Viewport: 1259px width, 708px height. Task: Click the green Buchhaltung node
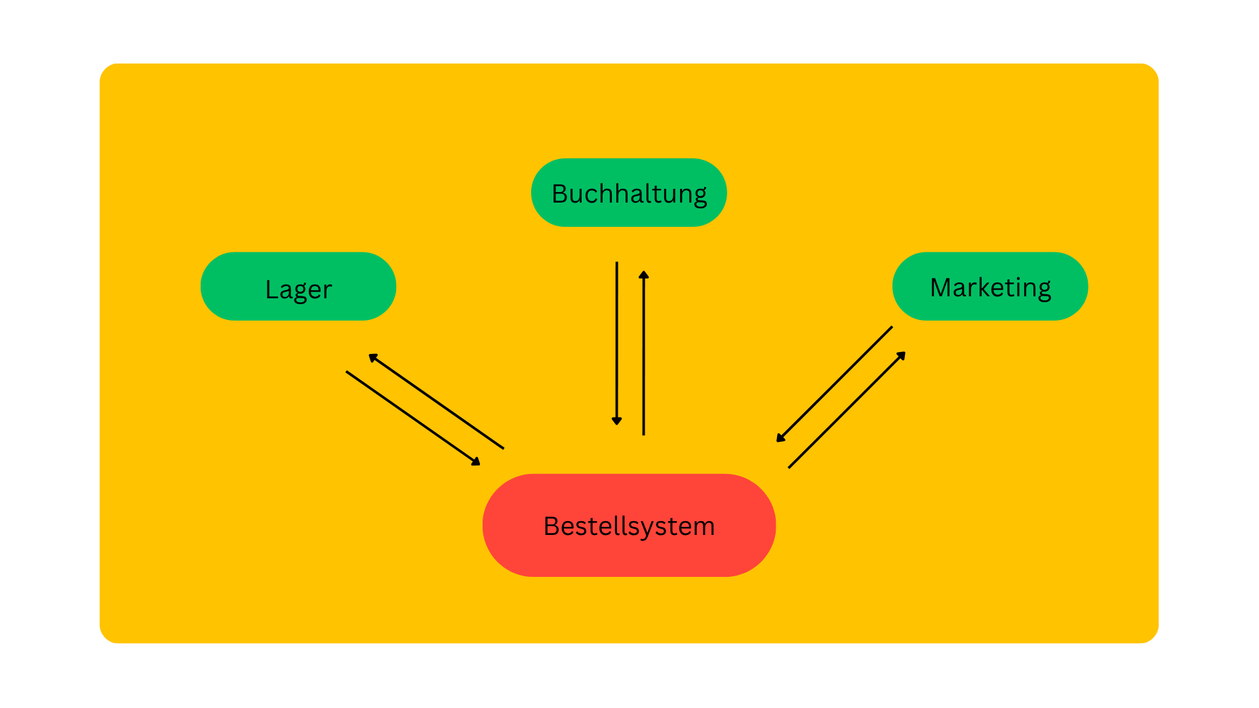click(x=629, y=193)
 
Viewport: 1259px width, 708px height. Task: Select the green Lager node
click(x=298, y=286)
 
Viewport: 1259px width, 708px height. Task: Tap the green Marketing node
click(x=990, y=286)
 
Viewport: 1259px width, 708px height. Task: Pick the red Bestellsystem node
click(x=629, y=525)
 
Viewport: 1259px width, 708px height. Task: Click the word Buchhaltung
click(x=629, y=195)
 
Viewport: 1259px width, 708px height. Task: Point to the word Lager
click(x=299, y=290)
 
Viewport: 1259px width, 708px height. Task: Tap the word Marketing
click(x=991, y=288)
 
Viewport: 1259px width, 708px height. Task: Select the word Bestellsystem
click(x=629, y=526)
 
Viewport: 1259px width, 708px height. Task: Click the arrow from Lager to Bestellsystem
click(x=413, y=418)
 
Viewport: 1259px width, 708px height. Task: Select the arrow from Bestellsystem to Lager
click(x=436, y=401)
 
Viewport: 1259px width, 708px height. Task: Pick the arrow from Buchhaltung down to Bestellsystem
click(x=617, y=344)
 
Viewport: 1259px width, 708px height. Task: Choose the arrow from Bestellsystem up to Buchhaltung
click(x=644, y=353)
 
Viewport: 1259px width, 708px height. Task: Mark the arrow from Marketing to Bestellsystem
click(x=834, y=384)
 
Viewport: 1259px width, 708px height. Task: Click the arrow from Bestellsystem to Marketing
click(x=847, y=410)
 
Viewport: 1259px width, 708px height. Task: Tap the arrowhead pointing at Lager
click(x=372, y=357)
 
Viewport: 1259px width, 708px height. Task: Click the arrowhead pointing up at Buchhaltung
click(x=644, y=275)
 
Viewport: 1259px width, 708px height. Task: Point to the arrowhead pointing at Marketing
click(x=902, y=355)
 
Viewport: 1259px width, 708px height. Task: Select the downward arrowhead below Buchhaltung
click(x=617, y=421)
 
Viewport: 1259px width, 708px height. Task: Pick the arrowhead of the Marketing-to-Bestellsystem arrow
click(x=780, y=438)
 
